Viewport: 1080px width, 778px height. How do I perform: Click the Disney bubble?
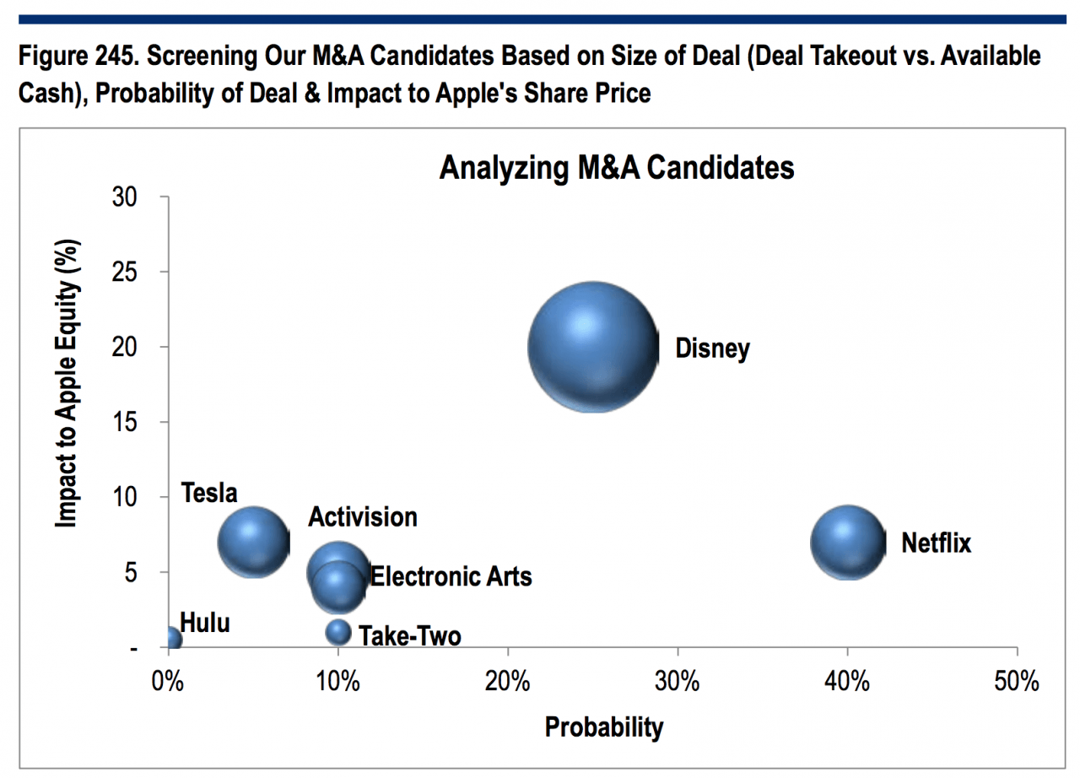[592, 347]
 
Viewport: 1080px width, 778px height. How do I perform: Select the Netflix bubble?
[848, 543]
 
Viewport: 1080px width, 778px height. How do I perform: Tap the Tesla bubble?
[253, 541]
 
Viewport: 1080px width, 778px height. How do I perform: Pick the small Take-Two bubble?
[338, 631]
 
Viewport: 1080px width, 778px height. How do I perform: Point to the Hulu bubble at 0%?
[172, 639]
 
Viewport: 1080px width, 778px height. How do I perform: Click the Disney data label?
[712, 348]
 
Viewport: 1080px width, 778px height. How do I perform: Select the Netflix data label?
[936, 543]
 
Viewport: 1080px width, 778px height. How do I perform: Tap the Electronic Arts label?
[451, 576]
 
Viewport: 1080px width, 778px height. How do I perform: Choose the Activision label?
[362, 516]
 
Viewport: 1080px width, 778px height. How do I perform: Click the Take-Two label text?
[410, 635]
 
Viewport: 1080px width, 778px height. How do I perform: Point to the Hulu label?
[205, 623]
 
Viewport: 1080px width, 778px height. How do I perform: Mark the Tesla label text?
[208, 494]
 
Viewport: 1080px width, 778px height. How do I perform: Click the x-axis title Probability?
[604, 727]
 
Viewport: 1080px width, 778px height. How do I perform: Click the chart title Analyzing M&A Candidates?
[616, 168]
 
